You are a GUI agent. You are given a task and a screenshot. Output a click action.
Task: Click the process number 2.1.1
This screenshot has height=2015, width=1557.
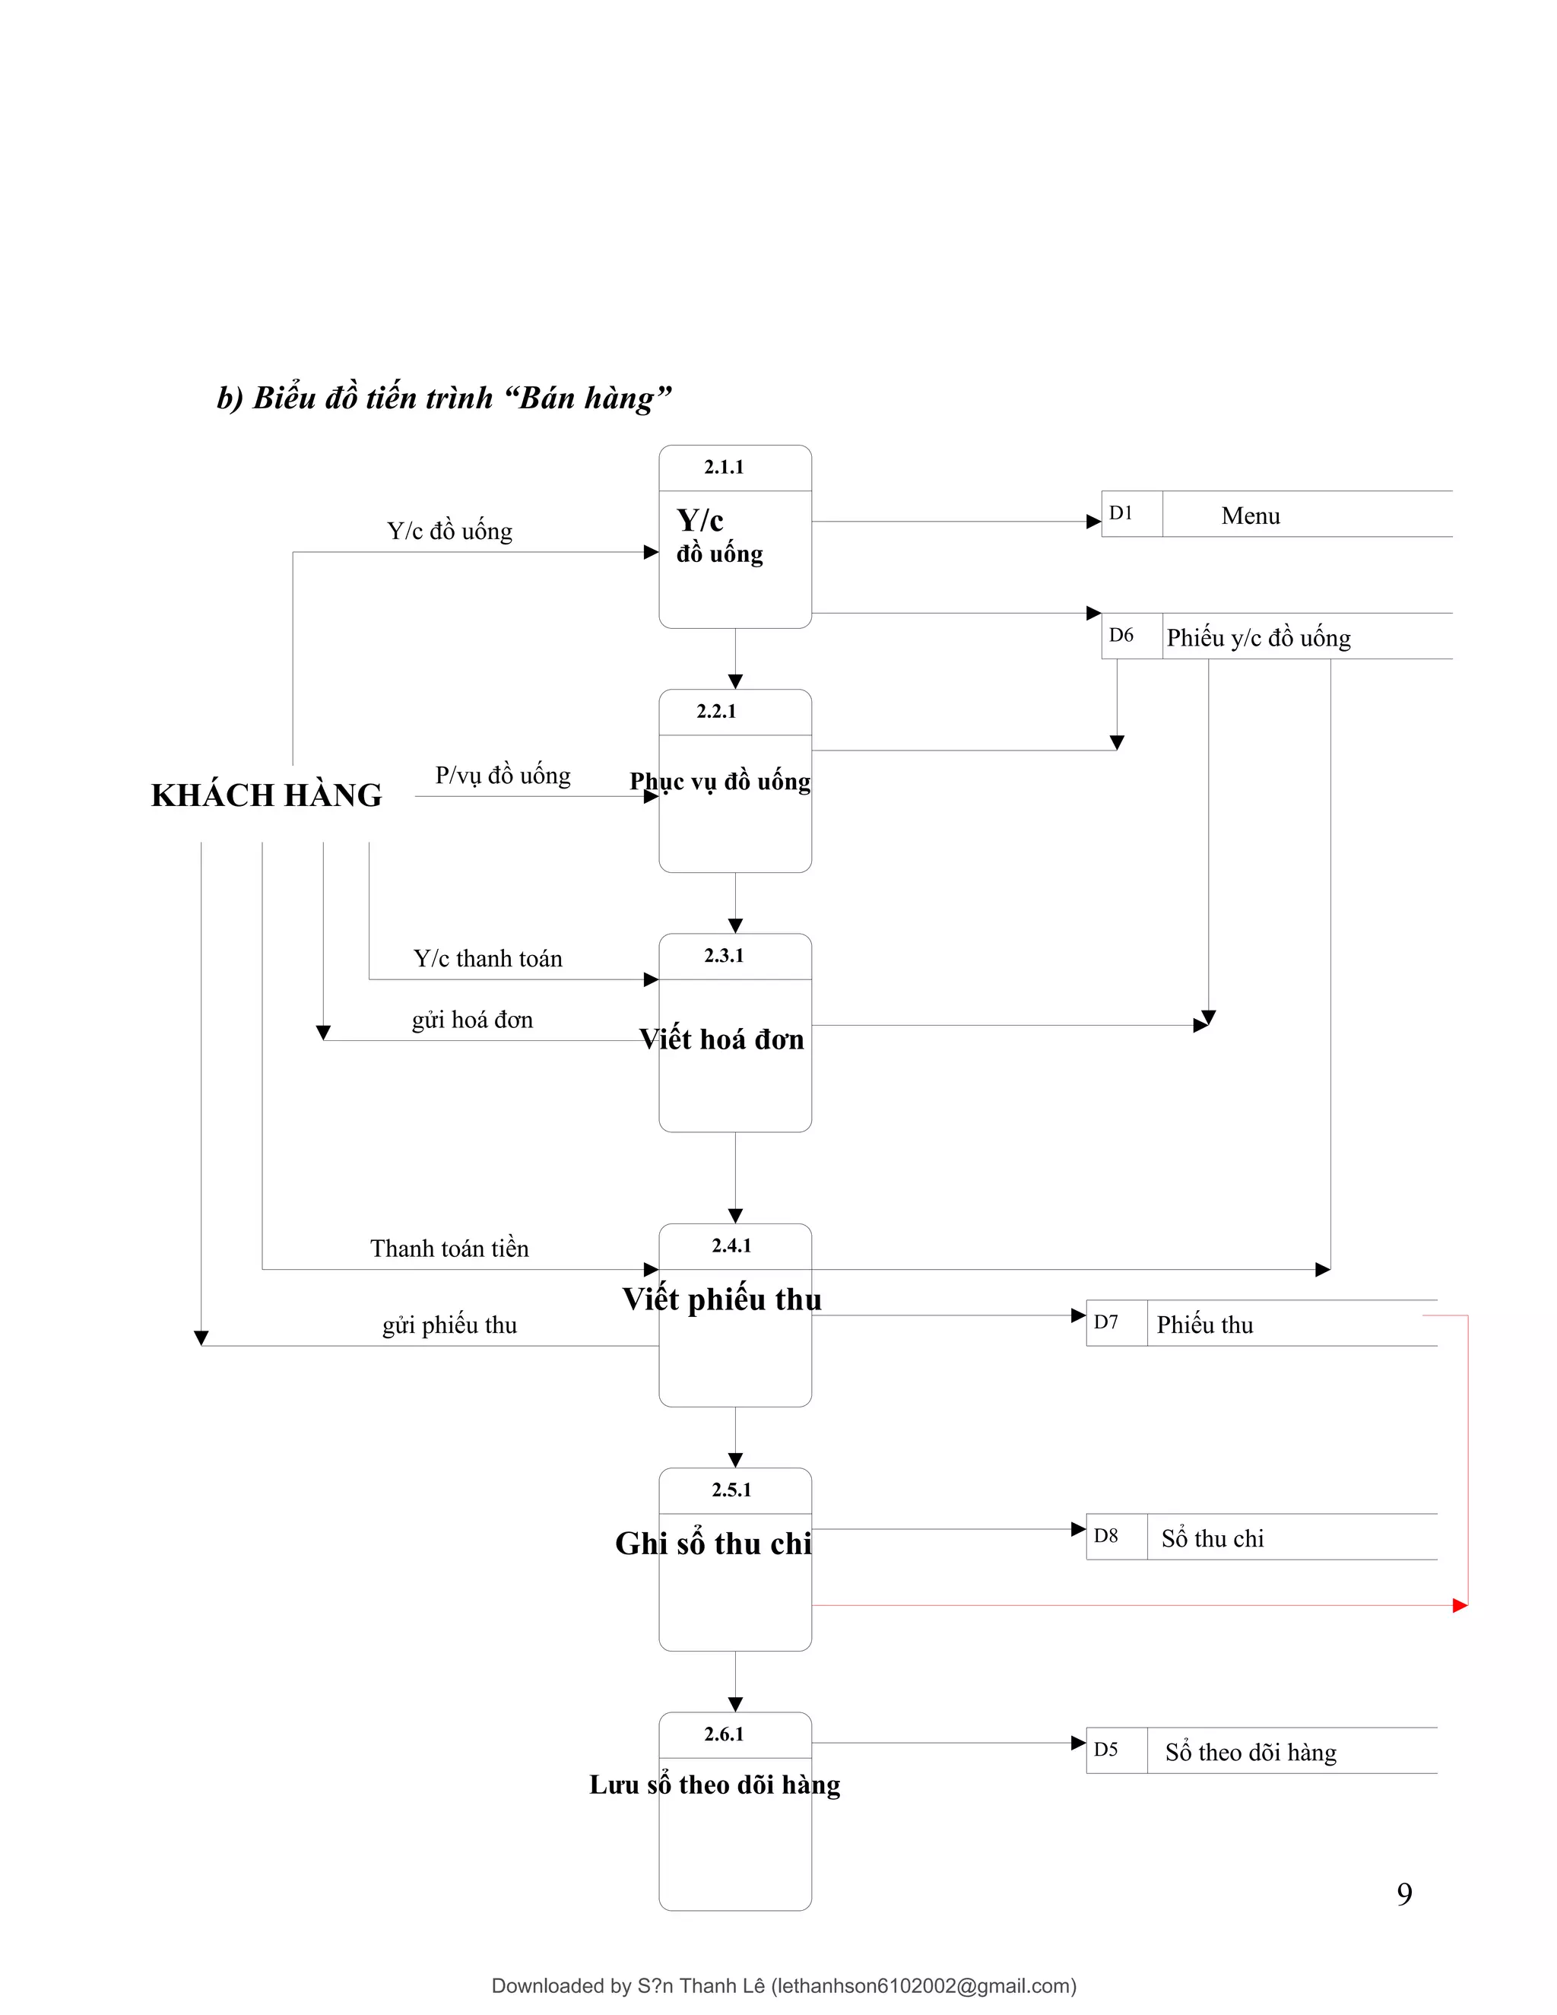click(x=723, y=467)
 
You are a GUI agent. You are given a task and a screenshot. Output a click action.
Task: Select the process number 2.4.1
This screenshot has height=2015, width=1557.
click(x=731, y=1245)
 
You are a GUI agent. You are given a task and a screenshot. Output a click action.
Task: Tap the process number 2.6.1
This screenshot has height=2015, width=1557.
click(x=723, y=1734)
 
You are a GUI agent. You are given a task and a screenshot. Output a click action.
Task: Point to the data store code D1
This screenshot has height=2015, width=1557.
click(x=1121, y=513)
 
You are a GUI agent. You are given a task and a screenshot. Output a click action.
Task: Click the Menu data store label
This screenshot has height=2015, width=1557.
click(x=1250, y=516)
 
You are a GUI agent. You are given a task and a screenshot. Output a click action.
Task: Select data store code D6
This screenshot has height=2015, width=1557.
click(x=1121, y=635)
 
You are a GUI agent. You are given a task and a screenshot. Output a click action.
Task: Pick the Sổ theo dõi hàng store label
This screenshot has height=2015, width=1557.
click(x=1250, y=1752)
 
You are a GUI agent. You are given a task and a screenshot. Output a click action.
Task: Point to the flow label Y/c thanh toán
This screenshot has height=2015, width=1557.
click(x=487, y=959)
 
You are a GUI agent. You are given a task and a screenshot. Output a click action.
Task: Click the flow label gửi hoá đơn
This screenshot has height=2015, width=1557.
click(x=472, y=1020)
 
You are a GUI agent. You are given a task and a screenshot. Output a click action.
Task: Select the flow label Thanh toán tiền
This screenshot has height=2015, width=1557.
click(x=449, y=1249)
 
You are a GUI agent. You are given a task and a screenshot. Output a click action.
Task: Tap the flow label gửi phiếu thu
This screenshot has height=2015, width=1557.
click(x=449, y=1325)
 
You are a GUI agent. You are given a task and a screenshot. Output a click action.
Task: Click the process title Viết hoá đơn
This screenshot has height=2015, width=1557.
click(x=721, y=1039)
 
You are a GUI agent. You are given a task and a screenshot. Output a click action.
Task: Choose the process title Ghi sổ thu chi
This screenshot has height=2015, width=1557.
click(x=713, y=1544)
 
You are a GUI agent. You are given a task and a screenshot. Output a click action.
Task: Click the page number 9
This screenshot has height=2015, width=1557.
click(x=1404, y=1893)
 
